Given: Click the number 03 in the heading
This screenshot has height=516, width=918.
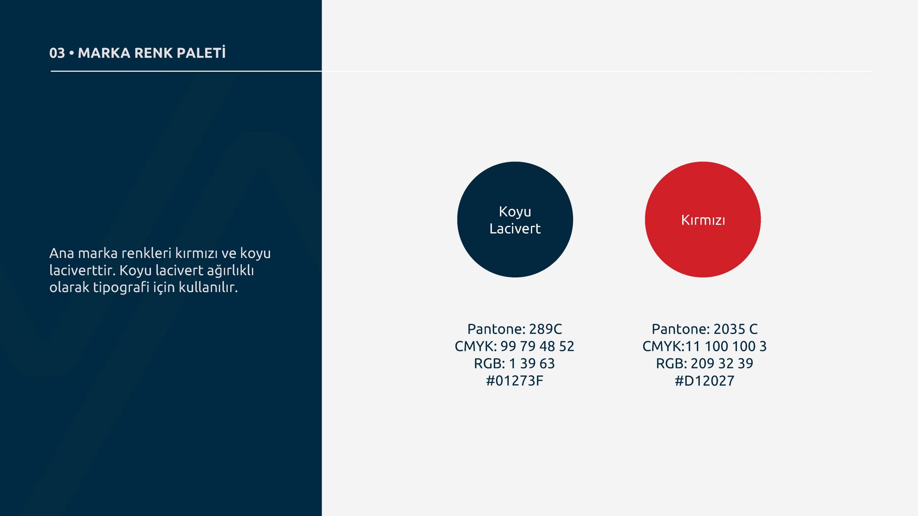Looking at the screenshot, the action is (x=57, y=53).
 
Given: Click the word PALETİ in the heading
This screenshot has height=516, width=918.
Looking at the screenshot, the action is (x=201, y=52).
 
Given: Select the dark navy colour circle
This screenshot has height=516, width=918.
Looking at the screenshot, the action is (x=515, y=219).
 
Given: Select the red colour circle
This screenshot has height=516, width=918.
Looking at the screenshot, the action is (x=703, y=219).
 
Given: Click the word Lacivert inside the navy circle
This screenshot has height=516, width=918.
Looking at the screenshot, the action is (x=515, y=229).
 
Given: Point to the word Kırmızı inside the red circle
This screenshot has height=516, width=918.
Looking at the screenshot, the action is (x=703, y=220).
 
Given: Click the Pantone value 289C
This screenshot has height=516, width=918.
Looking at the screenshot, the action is (x=545, y=329).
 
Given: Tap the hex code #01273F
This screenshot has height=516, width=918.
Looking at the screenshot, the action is (x=515, y=381).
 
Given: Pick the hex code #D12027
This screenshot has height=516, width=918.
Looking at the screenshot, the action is (x=705, y=381).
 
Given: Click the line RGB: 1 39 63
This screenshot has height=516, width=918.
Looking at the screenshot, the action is (x=514, y=363).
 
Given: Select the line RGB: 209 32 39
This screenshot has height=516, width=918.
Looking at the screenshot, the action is (x=705, y=363).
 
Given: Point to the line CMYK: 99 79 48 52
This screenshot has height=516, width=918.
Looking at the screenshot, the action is (x=515, y=346).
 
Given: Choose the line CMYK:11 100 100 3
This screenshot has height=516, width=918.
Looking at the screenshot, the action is (x=704, y=346).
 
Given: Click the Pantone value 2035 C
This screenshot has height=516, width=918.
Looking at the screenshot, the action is (x=735, y=329).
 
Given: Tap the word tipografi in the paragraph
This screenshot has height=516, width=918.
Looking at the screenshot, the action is (x=121, y=288).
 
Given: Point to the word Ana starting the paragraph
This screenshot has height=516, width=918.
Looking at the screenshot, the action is (x=62, y=253).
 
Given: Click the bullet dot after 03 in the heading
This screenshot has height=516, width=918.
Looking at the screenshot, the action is (x=72, y=53).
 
